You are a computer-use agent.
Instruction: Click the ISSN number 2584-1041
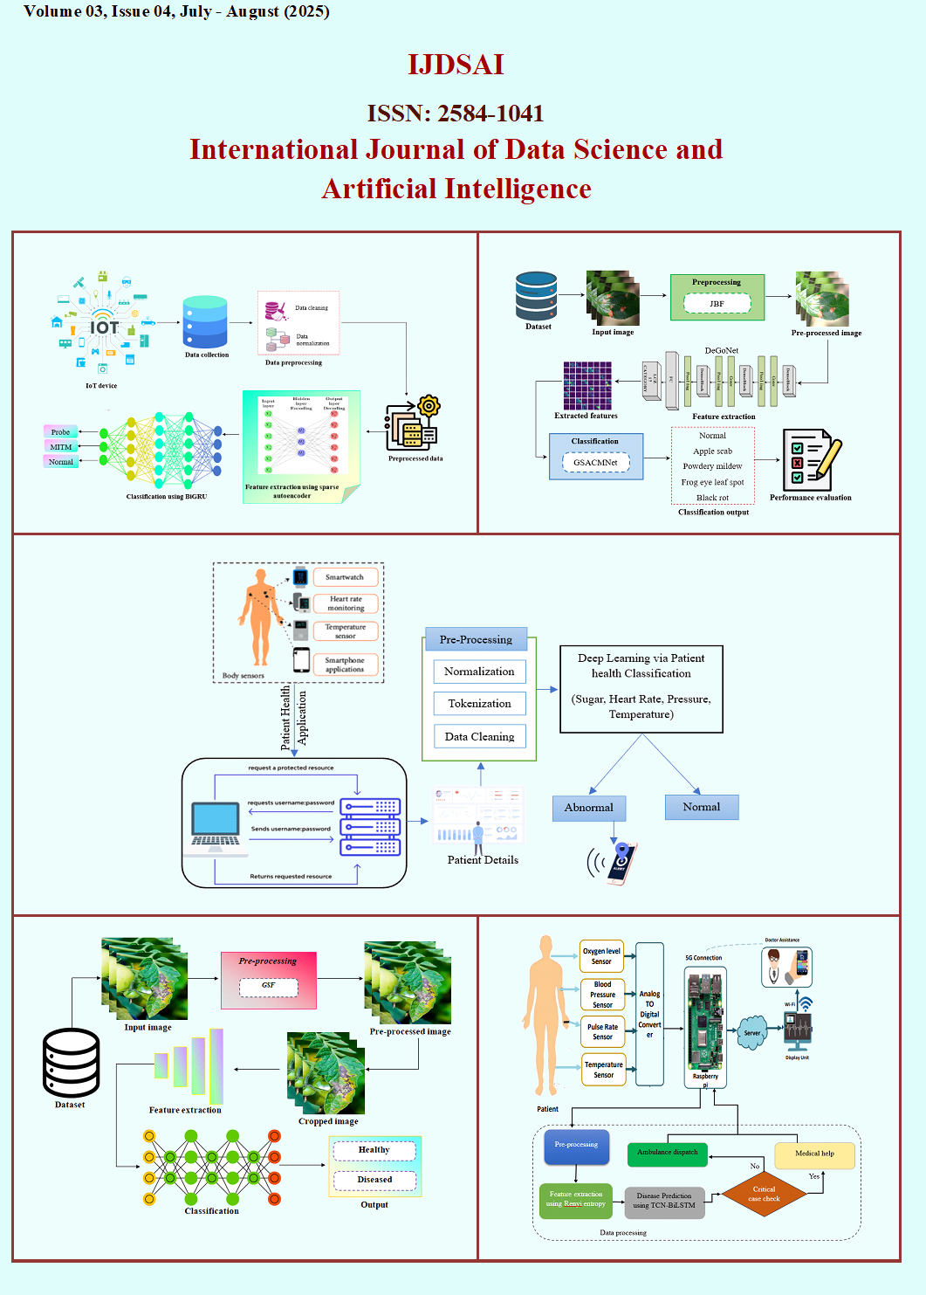click(x=490, y=114)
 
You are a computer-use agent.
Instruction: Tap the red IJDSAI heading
click(x=456, y=65)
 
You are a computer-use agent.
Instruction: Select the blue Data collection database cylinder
click(x=205, y=322)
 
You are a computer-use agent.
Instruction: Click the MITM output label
click(x=61, y=447)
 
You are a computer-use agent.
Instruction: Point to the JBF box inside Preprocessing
click(x=717, y=304)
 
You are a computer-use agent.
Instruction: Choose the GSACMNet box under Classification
click(x=595, y=463)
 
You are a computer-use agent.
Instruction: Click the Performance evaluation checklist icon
click(x=810, y=459)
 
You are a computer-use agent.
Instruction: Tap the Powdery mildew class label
click(x=712, y=466)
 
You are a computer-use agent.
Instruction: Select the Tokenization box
click(x=479, y=704)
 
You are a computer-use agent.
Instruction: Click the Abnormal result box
click(x=589, y=808)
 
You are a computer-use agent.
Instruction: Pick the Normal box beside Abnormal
click(x=702, y=807)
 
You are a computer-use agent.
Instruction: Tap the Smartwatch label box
click(x=345, y=577)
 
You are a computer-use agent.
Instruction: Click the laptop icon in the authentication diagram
click(x=216, y=825)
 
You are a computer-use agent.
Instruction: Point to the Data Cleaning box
click(x=479, y=737)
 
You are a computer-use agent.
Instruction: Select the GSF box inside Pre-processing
click(x=268, y=986)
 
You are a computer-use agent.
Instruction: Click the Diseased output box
click(x=374, y=1180)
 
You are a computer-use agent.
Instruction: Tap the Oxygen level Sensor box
click(x=601, y=956)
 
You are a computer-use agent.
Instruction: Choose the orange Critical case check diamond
click(x=764, y=1194)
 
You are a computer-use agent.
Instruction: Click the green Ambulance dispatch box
click(x=668, y=1153)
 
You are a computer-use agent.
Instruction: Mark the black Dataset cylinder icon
click(x=71, y=1063)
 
